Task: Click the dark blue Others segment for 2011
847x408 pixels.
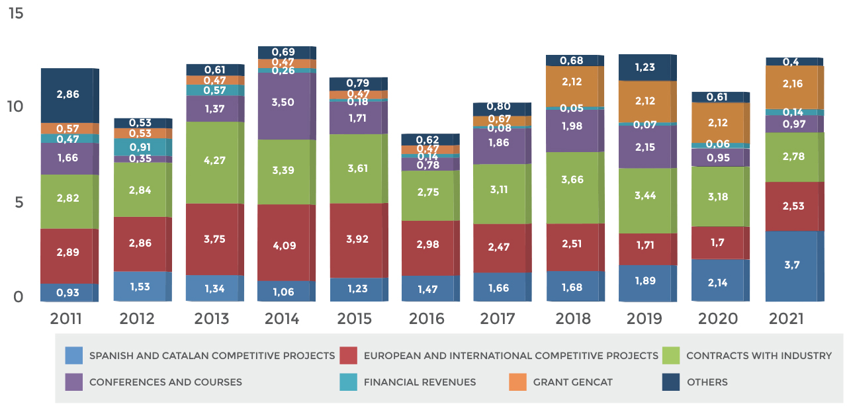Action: click(67, 95)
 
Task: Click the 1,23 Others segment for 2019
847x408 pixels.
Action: click(645, 67)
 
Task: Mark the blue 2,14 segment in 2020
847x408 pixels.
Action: click(718, 280)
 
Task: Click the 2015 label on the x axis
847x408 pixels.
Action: click(356, 319)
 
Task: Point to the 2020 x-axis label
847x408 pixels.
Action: click(718, 319)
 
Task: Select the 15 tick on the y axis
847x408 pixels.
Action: click(15, 13)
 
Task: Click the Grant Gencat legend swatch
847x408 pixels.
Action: click(517, 382)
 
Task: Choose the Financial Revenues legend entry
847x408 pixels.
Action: click(420, 382)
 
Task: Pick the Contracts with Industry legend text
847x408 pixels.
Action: click(758, 356)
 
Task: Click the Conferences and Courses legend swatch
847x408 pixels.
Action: click(74, 382)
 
